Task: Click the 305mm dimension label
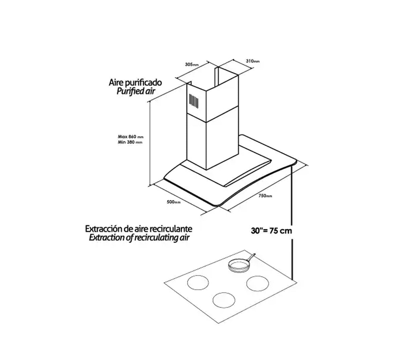click(x=192, y=64)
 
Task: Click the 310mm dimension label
click(x=253, y=61)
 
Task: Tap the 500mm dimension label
click(x=173, y=202)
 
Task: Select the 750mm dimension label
click(x=265, y=196)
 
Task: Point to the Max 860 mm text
click(x=130, y=137)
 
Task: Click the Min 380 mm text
click(x=130, y=142)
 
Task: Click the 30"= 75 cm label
click(x=271, y=231)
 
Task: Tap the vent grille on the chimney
click(x=193, y=101)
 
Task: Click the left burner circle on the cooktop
click(x=198, y=283)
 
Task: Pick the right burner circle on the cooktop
click(x=258, y=283)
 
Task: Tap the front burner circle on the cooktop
click(x=224, y=300)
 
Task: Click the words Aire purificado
click(x=135, y=83)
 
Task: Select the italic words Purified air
click(x=136, y=91)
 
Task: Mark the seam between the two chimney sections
click(x=212, y=114)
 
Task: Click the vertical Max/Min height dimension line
click(x=150, y=144)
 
